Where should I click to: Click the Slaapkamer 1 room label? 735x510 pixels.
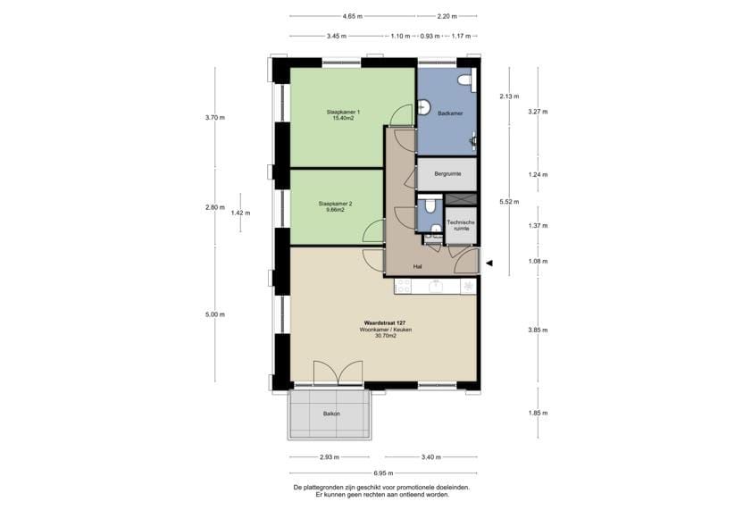(x=343, y=112)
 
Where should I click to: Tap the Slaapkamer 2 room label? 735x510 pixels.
(x=335, y=204)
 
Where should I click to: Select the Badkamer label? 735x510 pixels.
(x=450, y=113)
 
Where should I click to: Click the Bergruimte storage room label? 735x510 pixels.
(x=447, y=174)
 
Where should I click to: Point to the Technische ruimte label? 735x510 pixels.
(x=461, y=225)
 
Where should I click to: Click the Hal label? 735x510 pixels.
(x=418, y=267)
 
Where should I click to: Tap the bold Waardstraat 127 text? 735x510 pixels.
(x=385, y=323)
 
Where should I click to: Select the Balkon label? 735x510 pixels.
(x=331, y=414)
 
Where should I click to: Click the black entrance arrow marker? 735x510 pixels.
(x=489, y=263)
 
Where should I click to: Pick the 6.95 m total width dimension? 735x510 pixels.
(x=383, y=473)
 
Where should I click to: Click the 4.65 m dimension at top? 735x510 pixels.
(x=353, y=16)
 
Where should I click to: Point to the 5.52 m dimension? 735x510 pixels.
(x=509, y=202)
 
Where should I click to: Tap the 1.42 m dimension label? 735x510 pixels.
(x=240, y=213)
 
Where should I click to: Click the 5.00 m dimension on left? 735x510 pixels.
(x=215, y=314)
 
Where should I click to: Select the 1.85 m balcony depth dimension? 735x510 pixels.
(x=538, y=413)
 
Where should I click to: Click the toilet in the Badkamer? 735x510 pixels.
(x=465, y=79)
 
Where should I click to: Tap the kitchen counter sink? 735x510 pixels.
(x=437, y=286)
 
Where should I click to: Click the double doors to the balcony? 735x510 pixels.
(x=338, y=373)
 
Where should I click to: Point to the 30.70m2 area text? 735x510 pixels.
(x=385, y=336)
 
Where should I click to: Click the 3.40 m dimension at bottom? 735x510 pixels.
(x=430, y=457)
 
